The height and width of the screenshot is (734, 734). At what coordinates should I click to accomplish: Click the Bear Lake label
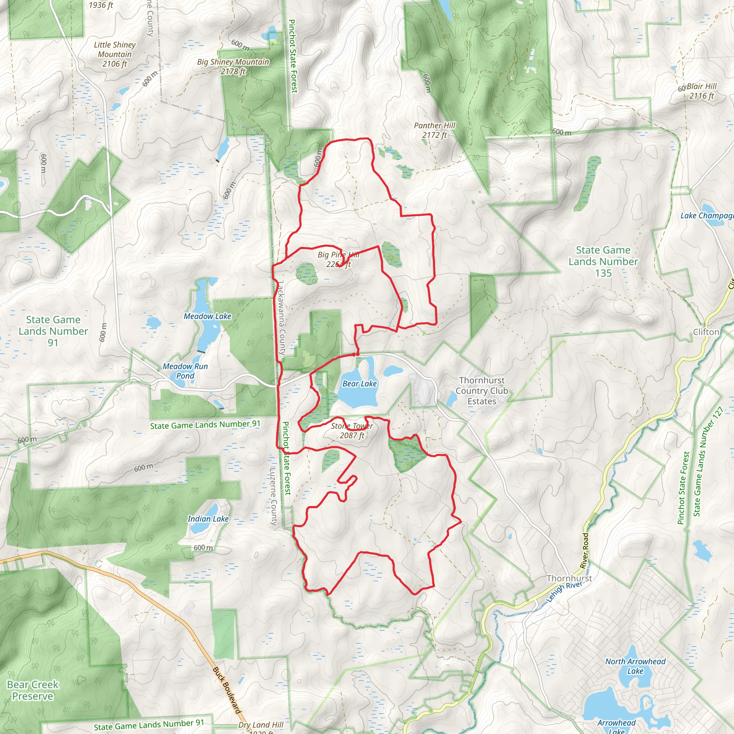(x=359, y=384)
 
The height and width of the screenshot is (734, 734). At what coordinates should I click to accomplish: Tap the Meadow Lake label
(x=208, y=316)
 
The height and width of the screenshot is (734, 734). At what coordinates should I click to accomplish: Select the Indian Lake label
(x=208, y=519)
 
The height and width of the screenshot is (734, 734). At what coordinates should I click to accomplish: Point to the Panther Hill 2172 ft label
(x=434, y=130)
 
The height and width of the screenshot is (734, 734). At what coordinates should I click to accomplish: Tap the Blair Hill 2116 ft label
(x=701, y=91)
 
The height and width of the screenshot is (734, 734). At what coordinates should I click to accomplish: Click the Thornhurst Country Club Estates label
(x=482, y=391)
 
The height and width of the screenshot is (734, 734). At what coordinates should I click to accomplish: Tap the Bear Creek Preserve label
(x=33, y=690)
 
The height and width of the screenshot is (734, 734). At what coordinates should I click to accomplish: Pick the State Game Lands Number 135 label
(x=603, y=261)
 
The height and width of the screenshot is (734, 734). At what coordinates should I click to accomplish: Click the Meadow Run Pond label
(x=185, y=371)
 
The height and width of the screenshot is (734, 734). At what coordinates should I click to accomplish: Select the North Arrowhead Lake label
(x=635, y=666)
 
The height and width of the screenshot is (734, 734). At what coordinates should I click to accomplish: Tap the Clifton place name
(x=706, y=332)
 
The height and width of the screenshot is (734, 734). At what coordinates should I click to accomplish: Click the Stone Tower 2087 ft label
(x=352, y=430)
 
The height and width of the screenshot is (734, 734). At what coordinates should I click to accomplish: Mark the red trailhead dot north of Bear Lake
(x=354, y=354)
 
